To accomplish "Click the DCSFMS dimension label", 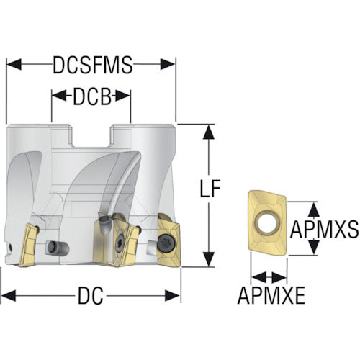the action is pyautogui.click(x=93, y=65).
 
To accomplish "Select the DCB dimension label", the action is pyautogui.click(x=92, y=96).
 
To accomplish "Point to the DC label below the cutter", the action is pyautogui.click(x=91, y=295).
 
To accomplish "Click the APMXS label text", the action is pyautogui.click(x=324, y=229).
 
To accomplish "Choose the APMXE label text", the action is pyautogui.click(x=271, y=295).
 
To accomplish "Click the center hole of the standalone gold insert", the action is pyautogui.click(x=267, y=221).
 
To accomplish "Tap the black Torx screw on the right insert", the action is pyautogui.click(x=166, y=244).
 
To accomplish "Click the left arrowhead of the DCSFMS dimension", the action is pyautogui.click(x=14, y=64).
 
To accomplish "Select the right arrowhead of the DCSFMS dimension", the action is pyautogui.click(x=168, y=64).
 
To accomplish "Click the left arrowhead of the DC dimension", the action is pyautogui.click(x=9, y=295).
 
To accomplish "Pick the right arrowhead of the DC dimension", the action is pyautogui.click(x=172, y=295).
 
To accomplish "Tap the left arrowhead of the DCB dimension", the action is pyautogui.click(x=59, y=96).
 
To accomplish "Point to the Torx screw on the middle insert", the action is pyautogui.click(x=120, y=243).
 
